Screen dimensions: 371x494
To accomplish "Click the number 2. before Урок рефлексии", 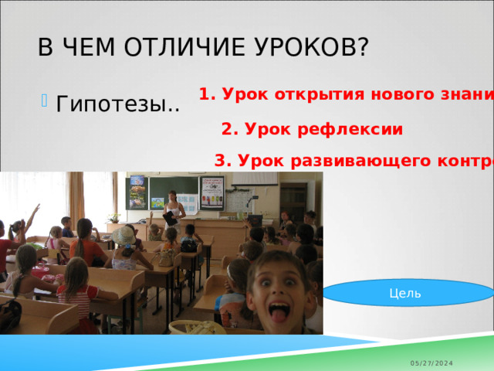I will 229,130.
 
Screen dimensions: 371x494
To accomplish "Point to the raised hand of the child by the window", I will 34,212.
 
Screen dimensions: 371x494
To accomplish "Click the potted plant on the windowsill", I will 114,218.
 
